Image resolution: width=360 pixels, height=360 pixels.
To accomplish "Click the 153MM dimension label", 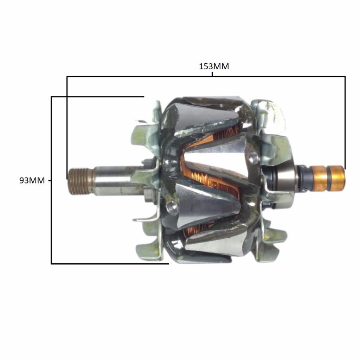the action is coord(214,66).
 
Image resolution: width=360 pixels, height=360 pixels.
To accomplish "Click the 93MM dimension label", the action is coord(32,180).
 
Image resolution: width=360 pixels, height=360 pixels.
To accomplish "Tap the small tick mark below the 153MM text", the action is coord(212,74).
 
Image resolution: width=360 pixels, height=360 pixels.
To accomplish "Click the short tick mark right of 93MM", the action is coord(50,181).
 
